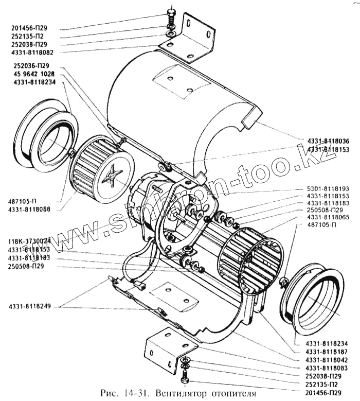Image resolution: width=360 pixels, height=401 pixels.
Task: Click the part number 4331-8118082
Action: tap(40, 53)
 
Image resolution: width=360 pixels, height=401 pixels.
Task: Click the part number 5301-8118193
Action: tap(328, 189)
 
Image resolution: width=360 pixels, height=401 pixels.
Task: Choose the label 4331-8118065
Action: tap(328, 218)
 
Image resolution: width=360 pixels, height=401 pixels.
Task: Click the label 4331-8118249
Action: tap(29, 307)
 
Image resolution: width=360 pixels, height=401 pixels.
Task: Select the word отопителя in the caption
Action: tap(233, 394)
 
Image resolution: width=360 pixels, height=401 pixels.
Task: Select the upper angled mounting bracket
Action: tap(195, 39)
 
